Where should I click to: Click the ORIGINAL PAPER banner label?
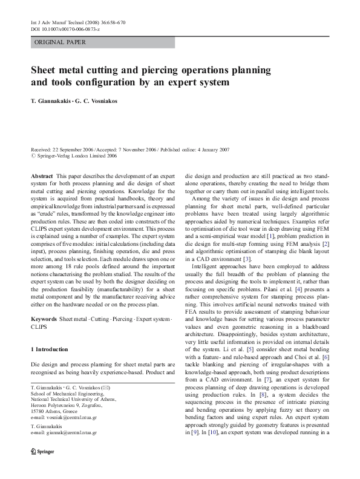click(x=60, y=42)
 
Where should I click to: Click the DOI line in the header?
click(x=67, y=29)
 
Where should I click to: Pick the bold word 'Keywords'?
click(x=44, y=319)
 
